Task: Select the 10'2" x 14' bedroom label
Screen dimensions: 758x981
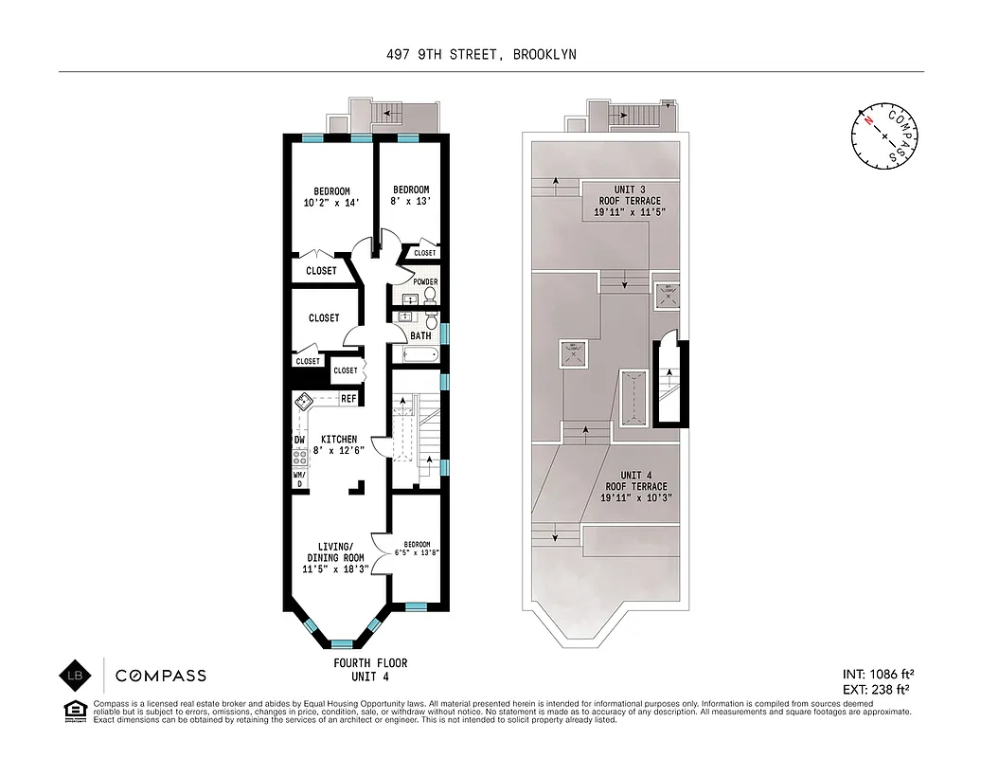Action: tap(327, 197)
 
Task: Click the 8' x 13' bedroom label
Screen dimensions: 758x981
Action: tap(411, 195)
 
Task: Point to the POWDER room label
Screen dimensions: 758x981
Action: tap(425, 281)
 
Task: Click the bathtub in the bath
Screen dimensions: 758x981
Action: tap(419, 356)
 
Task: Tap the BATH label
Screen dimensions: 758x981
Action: tap(421, 336)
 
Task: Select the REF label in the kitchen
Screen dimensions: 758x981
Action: tap(348, 399)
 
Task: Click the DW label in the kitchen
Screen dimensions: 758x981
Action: tap(298, 440)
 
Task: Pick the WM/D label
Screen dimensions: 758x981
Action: tap(298, 478)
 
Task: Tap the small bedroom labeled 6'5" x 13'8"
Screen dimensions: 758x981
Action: tap(418, 549)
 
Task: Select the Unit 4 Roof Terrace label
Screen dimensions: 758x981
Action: tap(631, 486)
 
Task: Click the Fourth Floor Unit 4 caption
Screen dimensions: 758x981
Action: tap(369, 669)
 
